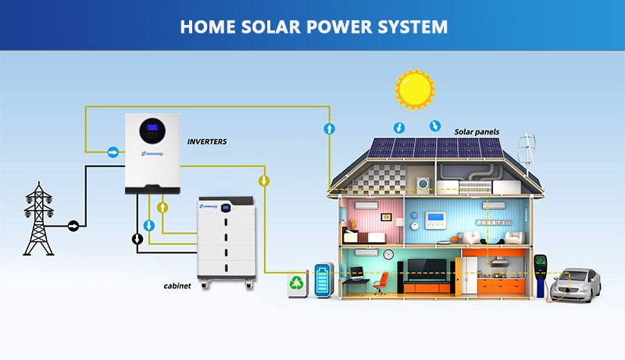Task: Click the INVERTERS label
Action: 207,141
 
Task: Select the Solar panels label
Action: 477,132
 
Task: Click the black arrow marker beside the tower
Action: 73,226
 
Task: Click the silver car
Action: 576,285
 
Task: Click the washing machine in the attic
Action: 423,184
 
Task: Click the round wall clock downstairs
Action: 387,255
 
